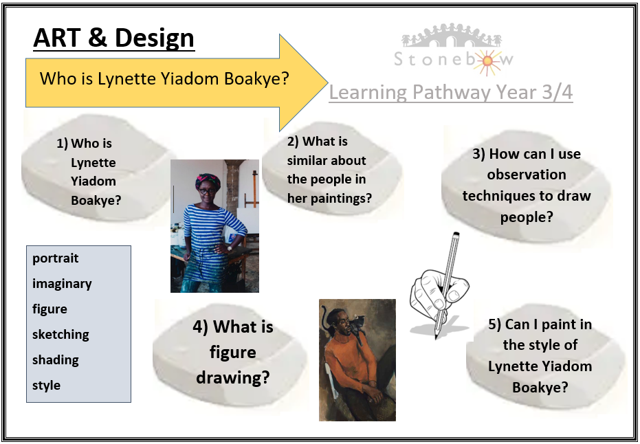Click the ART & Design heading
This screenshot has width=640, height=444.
tap(114, 38)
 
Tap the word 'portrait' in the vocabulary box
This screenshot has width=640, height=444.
tap(56, 258)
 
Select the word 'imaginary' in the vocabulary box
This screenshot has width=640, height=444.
tap(62, 284)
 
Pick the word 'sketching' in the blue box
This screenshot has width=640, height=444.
tap(60, 335)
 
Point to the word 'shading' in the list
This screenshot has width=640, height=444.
tap(56, 360)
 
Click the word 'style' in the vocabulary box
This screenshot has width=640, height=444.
tap(47, 385)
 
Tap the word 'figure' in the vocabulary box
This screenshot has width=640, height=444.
tap(49, 309)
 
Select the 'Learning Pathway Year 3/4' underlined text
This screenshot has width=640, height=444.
tap(451, 93)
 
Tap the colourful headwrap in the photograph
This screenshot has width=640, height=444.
tap(208, 181)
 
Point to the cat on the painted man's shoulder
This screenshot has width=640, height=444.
tap(356, 324)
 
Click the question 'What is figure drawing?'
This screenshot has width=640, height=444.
tap(233, 352)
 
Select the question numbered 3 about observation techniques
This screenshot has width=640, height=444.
tap(527, 186)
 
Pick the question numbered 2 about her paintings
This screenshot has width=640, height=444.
tap(329, 170)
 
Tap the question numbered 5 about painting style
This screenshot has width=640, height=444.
tap(540, 355)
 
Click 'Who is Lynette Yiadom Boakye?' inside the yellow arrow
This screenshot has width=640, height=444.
tap(164, 78)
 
